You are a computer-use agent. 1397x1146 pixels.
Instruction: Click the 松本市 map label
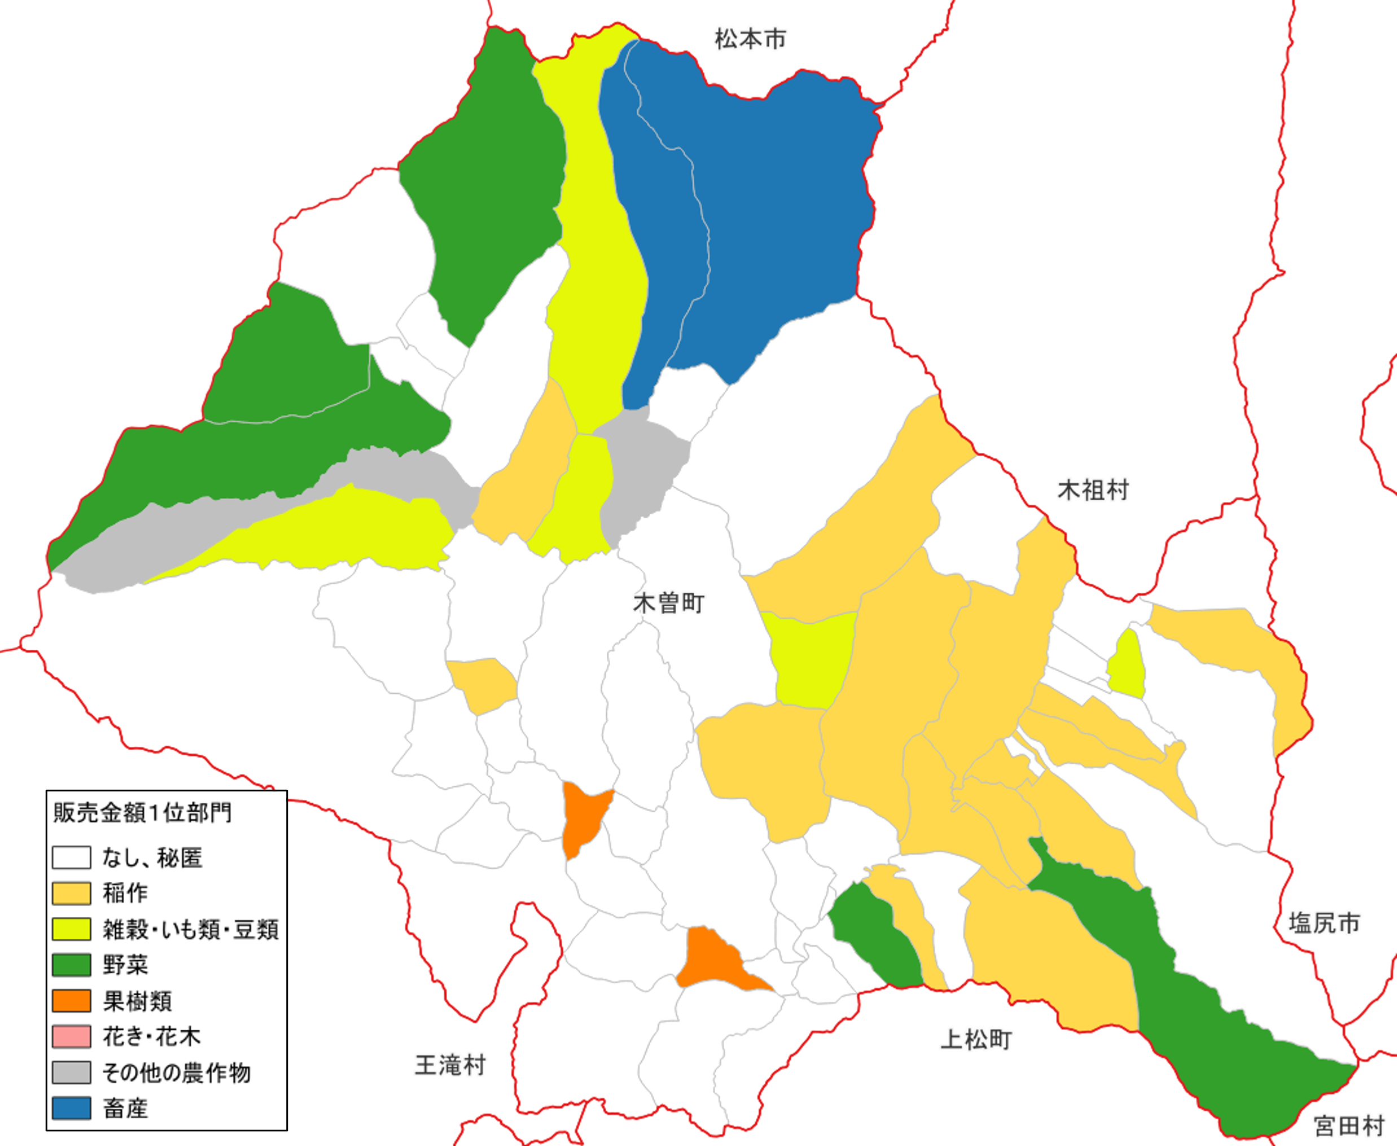pos(750,39)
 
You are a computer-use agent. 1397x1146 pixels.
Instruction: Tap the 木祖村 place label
pos(1093,491)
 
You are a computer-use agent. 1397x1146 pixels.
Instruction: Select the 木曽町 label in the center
pos(668,603)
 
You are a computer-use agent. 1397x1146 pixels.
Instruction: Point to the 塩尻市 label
pos(1324,923)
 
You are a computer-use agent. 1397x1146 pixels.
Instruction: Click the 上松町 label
pos(976,1040)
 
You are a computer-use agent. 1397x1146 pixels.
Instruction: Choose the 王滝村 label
pos(450,1065)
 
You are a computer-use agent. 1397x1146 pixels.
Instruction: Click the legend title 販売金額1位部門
pos(142,812)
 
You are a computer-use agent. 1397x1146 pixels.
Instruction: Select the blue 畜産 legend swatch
pos(71,1108)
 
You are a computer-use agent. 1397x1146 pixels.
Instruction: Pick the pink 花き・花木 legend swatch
pos(71,1036)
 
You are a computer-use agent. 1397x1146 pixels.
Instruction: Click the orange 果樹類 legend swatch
pos(71,1001)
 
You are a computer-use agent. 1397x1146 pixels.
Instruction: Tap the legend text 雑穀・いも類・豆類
pos(191,929)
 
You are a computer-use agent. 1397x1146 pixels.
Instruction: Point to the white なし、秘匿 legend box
pos(71,858)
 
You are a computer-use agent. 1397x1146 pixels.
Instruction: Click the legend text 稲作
pos(125,893)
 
